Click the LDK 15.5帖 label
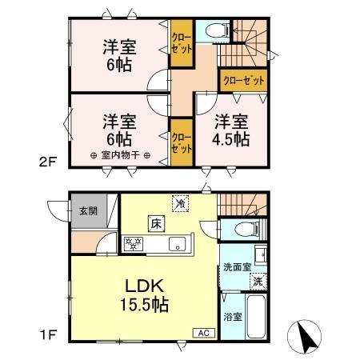(144, 294)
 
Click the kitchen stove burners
(134, 242)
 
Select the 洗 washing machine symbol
(258, 280)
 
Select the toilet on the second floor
(214, 30)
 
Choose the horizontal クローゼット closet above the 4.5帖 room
(242, 81)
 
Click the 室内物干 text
(118, 156)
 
